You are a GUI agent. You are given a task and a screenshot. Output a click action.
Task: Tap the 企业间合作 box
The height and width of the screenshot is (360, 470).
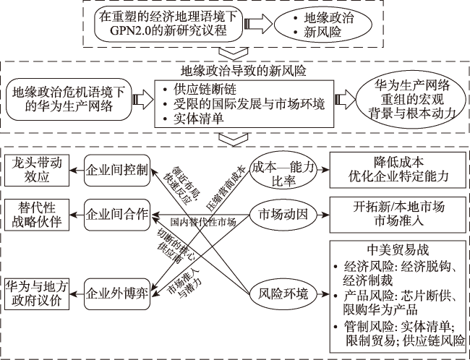point(116,214)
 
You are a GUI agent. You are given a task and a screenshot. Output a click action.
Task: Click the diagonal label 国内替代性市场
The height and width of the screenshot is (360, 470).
point(203,220)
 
